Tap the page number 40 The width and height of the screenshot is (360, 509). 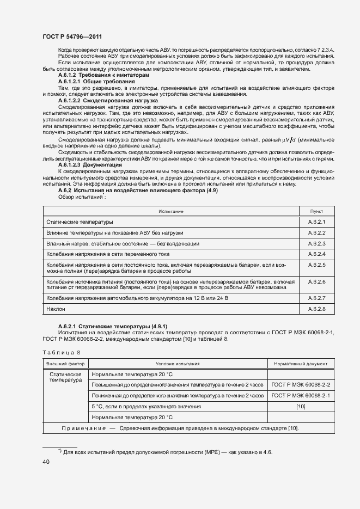click(x=46, y=462)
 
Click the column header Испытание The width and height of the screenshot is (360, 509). click(x=170, y=211)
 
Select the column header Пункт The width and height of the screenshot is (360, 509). click(x=316, y=211)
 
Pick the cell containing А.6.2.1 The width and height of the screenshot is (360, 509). click(x=316, y=222)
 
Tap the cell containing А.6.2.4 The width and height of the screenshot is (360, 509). click(x=316, y=254)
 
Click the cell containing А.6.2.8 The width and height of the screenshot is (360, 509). click(x=316, y=309)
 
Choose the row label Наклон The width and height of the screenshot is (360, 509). click(x=56, y=309)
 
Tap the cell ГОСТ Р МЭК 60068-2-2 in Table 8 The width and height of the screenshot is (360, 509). click(x=301, y=385)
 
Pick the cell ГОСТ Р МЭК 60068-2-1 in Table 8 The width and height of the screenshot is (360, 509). click(x=301, y=396)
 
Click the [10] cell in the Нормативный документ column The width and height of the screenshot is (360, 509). click(x=301, y=407)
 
